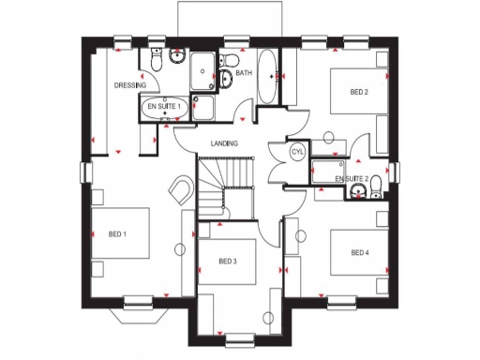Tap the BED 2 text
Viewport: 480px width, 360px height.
pyautogui.click(x=358, y=92)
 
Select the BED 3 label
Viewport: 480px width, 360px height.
pyautogui.click(x=228, y=261)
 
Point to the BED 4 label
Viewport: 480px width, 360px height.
pyautogui.click(x=359, y=252)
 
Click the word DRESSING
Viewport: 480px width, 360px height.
pyautogui.click(x=129, y=85)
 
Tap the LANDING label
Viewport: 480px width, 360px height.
pyautogui.click(x=223, y=143)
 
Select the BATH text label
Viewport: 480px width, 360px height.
pyautogui.click(x=244, y=73)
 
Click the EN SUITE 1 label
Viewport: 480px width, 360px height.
pyautogui.click(x=165, y=109)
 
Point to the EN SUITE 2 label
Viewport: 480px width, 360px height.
pyautogui.click(x=352, y=177)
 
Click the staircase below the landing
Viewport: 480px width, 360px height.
pyautogui.click(x=225, y=183)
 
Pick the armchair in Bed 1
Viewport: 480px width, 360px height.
pyautogui.click(x=180, y=191)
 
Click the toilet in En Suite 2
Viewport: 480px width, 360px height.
pyautogui.click(x=375, y=184)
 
